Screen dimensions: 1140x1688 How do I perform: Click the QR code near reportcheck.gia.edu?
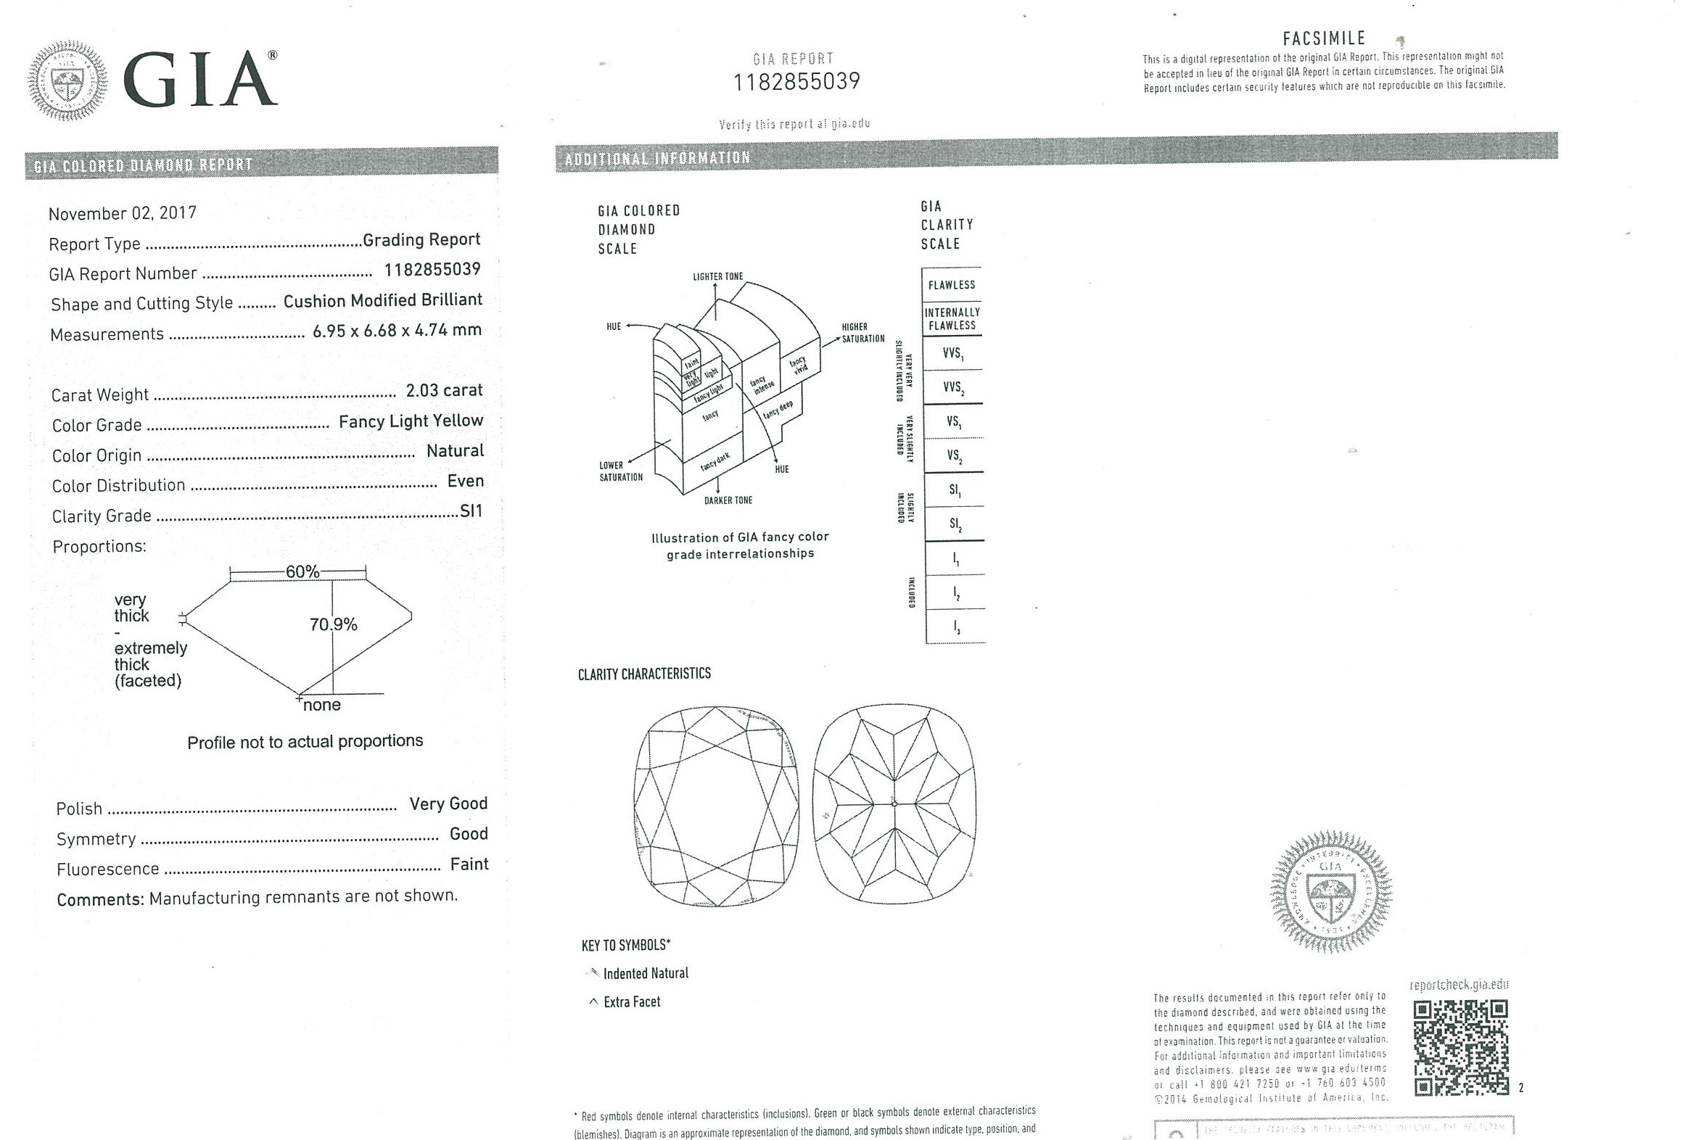[1460, 1047]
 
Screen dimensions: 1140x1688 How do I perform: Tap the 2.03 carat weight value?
[444, 391]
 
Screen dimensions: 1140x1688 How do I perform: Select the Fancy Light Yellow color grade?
[411, 421]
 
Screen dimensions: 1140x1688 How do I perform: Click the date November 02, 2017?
[122, 213]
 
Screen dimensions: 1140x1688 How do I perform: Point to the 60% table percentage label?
[302, 571]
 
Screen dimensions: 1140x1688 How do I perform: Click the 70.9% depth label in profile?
[334, 624]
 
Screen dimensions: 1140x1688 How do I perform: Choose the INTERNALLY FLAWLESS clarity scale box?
[952, 319]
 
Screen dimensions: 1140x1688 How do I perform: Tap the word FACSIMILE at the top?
[1324, 38]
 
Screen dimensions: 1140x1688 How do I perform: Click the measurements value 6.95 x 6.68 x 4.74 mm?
[397, 331]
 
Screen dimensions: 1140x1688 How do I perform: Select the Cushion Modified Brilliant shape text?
[382, 301]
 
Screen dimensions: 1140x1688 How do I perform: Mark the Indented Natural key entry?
[645, 974]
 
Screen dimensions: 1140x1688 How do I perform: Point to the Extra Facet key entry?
[631, 1002]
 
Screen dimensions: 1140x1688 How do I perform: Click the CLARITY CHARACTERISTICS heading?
[644, 674]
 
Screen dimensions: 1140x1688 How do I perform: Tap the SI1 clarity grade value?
[471, 511]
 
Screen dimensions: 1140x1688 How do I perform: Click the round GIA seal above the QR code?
[1330, 891]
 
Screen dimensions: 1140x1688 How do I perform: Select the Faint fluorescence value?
[469, 864]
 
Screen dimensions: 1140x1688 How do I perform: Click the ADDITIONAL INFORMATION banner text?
[657, 158]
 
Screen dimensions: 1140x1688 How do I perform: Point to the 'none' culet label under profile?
[322, 705]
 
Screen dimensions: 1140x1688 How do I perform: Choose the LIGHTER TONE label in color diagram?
[717, 276]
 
